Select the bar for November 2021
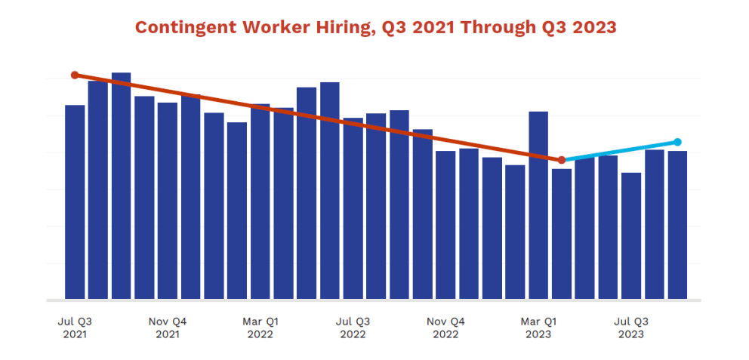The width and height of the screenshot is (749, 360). click(168, 200)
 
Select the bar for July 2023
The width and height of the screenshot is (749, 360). click(631, 235)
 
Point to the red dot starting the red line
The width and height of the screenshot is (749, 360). click(75, 75)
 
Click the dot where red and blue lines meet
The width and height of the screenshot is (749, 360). click(562, 160)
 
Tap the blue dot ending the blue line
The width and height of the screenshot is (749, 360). click(677, 142)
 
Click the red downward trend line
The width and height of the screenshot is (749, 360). click(317, 117)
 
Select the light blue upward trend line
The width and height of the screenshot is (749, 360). click(619, 151)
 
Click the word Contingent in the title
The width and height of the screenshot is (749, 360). click(180, 27)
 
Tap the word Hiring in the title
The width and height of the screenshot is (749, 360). click(331, 27)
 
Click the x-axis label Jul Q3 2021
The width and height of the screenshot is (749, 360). click(75, 327)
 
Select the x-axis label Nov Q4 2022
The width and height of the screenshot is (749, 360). click(445, 327)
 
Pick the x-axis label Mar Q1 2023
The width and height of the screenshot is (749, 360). click(538, 327)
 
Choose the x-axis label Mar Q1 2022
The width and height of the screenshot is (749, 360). click(260, 327)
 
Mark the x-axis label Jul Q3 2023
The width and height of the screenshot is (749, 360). click(631, 327)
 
